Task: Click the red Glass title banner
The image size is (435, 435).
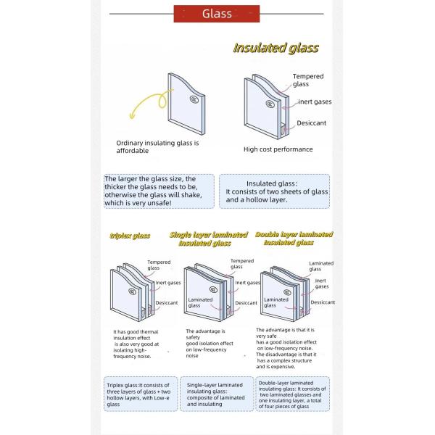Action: click(217, 13)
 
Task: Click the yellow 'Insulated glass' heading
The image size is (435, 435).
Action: click(275, 49)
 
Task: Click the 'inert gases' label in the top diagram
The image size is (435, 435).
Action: click(315, 101)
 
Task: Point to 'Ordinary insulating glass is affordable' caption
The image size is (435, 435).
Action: click(157, 147)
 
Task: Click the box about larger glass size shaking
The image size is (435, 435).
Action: click(159, 191)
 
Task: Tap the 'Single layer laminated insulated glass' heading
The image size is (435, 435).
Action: click(210, 239)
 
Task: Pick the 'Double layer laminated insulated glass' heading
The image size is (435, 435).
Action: click(294, 239)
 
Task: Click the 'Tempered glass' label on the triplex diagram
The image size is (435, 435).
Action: click(159, 265)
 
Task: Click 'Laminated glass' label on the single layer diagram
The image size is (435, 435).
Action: click(200, 302)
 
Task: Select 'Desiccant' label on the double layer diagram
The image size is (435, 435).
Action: click(323, 302)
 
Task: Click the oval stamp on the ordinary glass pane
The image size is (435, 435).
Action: click(194, 99)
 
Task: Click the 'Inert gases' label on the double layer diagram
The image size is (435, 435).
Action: click(320, 283)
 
